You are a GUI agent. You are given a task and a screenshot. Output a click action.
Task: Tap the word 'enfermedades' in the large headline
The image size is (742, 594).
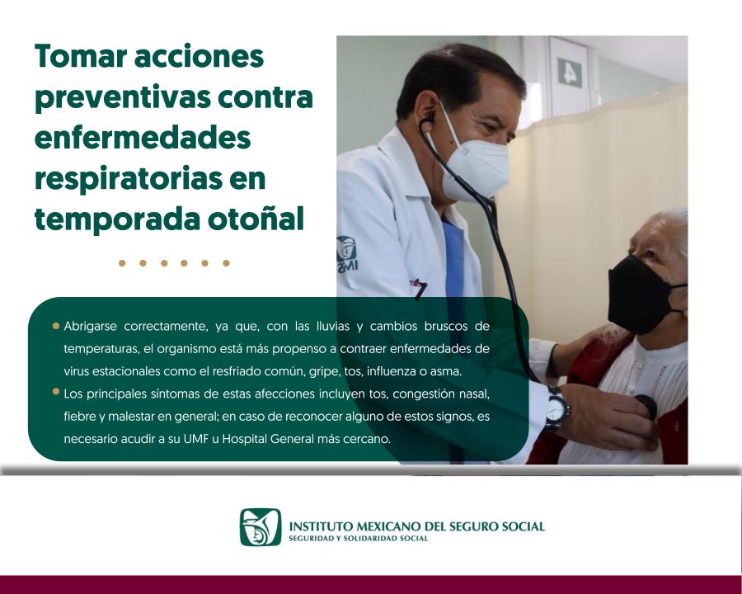(142, 138)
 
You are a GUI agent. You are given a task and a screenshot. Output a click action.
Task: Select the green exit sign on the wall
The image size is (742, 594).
(569, 72)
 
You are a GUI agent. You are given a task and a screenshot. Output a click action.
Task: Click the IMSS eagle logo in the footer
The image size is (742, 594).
(261, 527)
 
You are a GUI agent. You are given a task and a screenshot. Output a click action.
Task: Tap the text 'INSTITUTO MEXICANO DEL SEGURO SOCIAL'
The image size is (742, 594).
(416, 526)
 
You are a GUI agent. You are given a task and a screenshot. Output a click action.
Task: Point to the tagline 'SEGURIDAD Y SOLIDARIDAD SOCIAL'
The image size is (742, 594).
(359, 539)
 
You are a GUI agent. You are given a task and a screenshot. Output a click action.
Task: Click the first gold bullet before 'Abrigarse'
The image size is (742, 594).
(56, 326)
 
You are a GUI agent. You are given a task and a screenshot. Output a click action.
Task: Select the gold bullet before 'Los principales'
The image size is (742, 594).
(56, 391)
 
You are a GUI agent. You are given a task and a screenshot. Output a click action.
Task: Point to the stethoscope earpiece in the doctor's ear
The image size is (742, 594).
(427, 120)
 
